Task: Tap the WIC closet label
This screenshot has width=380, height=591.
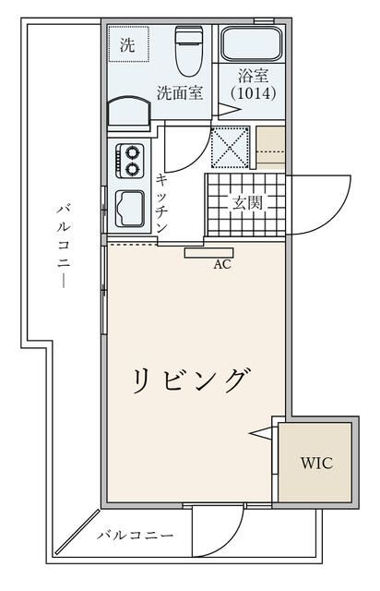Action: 315,463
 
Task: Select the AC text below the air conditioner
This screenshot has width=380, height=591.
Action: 221,263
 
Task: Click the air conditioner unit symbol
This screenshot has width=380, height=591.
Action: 208,251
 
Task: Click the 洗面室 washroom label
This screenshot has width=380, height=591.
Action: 179,92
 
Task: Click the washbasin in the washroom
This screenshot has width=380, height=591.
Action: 130,114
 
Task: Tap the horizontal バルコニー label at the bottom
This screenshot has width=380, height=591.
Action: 135,535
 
